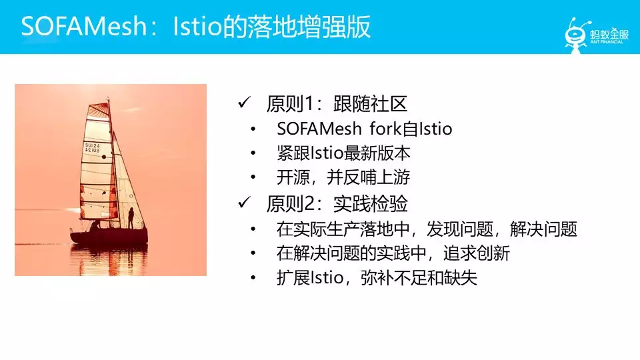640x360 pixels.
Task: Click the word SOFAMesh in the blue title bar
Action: (84, 27)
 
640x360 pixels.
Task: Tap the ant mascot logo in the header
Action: (576, 35)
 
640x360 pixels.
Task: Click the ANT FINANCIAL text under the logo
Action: (607, 42)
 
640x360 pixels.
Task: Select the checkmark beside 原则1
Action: (244, 103)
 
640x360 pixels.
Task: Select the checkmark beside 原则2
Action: (244, 203)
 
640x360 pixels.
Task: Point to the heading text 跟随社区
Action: (370, 104)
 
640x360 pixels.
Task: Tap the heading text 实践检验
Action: (370, 204)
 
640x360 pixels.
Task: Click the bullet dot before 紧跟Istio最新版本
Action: (253, 153)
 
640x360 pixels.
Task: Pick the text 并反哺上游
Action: (368, 177)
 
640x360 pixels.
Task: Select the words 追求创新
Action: (476, 253)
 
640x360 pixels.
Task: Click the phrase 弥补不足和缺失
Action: (419, 278)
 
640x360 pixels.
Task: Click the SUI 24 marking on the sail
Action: (92, 148)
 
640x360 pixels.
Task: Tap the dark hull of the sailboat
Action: (109, 236)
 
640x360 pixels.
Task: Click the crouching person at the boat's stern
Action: (95, 225)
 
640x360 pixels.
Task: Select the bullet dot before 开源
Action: (253, 177)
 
